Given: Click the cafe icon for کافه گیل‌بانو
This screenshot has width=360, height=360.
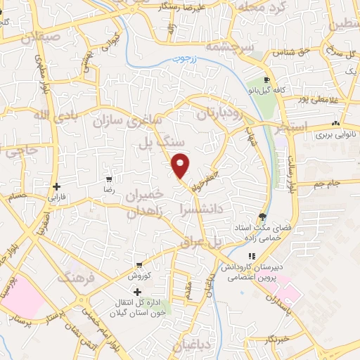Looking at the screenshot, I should coord(266,80).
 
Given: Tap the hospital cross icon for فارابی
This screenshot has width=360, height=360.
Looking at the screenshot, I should coord(57,186).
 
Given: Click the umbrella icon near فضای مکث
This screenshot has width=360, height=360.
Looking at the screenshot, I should coord(262,217).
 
